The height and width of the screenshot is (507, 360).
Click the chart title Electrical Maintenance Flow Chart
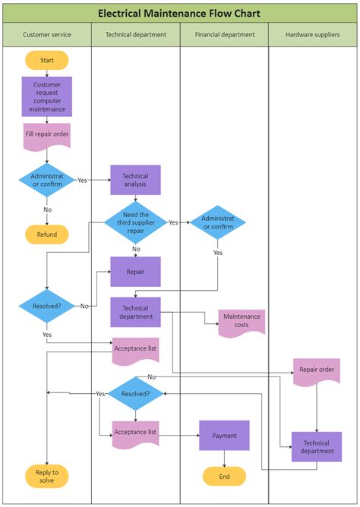point(179,13)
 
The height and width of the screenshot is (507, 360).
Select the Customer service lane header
point(46,35)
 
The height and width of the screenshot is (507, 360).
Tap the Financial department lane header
point(224,35)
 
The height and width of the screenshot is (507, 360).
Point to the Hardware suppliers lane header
point(312,35)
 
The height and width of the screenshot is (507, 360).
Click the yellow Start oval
point(46,60)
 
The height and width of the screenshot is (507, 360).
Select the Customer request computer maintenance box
point(46,96)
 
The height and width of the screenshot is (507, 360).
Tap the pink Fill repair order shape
point(46,135)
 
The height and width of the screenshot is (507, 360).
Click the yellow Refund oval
point(46,235)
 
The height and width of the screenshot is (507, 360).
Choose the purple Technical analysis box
point(135,180)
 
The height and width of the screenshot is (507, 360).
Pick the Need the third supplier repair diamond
point(135,222)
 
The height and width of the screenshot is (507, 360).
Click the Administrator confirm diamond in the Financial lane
point(218,222)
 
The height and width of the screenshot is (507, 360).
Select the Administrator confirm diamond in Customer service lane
point(47,180)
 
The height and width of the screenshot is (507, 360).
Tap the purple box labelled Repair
point(135,271)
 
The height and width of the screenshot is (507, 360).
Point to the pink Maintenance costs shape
point(242,321)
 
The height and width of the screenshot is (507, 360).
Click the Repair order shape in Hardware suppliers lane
point(316,371)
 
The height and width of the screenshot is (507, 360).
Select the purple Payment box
point(224,436)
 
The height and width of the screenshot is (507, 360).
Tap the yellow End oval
point(224,477)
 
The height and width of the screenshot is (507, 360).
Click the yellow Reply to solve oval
point(46,477)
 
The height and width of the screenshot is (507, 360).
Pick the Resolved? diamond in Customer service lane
point(47,306)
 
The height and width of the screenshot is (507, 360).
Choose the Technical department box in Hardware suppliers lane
point(316,446)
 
